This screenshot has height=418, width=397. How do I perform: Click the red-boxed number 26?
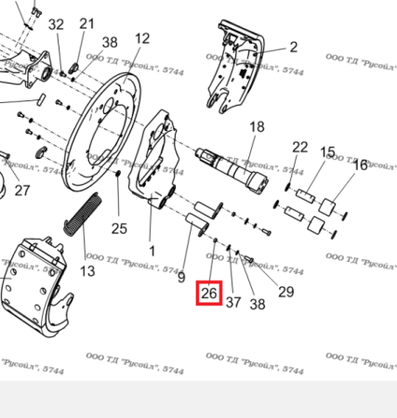[209, 294]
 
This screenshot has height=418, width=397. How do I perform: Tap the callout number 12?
[141, 38]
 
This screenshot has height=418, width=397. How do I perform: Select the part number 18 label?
[256, 126]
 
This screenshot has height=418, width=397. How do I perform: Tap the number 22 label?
[299, 147]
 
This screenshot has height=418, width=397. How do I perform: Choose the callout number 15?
[327, 151]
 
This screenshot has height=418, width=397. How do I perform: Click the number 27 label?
[21, 190]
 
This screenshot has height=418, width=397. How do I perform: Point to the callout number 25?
[119, 229]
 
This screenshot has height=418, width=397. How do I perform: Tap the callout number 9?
[181, 276]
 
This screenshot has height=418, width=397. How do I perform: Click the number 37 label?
[233, 302]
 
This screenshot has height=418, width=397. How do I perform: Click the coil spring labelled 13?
[82, 223]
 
